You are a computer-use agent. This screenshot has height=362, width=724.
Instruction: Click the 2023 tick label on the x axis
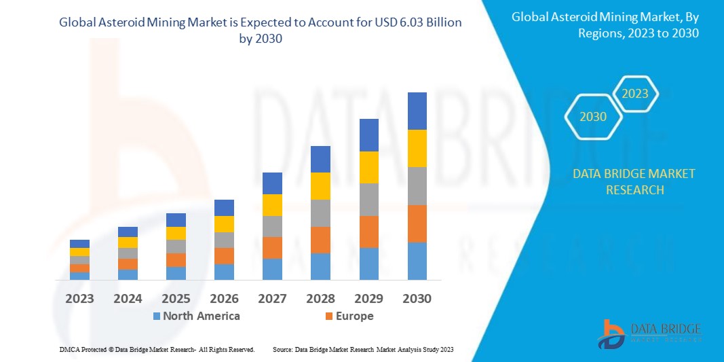coord(79,298)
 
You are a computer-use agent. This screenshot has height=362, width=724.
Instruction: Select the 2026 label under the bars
coord(224,298)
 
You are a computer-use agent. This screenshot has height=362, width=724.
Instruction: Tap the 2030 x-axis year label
coord(417,298)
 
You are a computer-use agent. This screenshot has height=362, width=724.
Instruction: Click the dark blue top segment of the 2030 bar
coord(417,111)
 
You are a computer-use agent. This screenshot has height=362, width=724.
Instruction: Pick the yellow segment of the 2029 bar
coord(368,167)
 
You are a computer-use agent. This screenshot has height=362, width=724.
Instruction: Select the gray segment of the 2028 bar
coord(320,213)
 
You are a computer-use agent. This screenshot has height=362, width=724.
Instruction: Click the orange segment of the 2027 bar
coord(272,247)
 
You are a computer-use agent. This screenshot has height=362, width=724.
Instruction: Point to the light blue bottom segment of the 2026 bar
coord(224,272)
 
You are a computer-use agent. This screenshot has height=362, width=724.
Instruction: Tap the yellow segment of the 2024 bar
coord(128,242)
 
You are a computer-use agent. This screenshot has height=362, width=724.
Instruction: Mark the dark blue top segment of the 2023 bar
coord(79,244)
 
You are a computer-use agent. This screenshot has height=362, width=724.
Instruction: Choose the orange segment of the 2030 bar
coord(417,223)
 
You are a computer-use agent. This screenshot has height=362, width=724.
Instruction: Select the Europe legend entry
coord(349,316)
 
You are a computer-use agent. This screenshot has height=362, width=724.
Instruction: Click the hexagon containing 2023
coord(635,94)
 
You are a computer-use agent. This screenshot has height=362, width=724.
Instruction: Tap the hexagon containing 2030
coord(593,117)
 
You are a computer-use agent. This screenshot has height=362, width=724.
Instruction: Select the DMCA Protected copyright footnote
coord(157,349)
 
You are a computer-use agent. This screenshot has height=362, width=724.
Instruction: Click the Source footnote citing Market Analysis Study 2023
coord(362,349)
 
